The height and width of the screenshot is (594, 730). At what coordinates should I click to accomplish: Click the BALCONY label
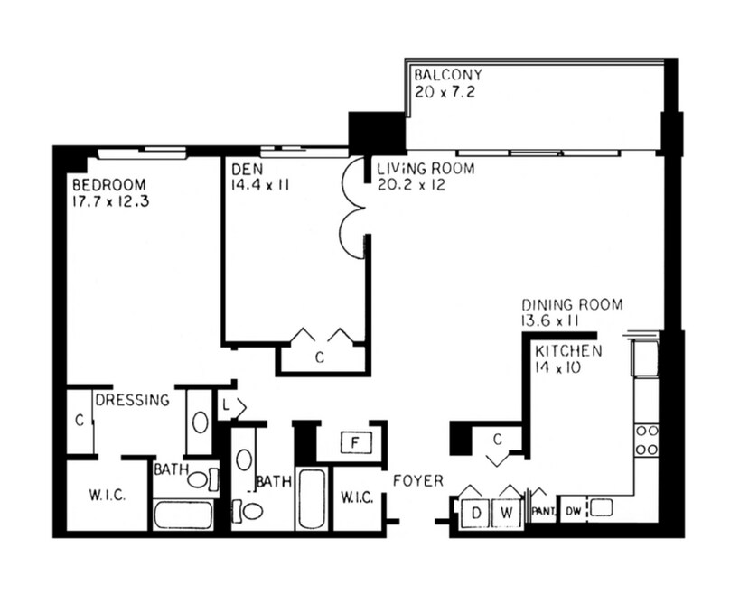(448, 75)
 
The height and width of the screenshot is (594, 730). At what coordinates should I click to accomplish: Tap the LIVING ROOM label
(426, 168)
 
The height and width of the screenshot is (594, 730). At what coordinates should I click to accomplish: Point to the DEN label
(247, 169)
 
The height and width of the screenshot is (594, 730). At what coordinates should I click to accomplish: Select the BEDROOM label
(109, 185)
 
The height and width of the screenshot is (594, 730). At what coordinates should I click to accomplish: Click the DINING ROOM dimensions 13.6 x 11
(550, 321)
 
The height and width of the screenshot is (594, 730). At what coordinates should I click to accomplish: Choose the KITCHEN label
(568, 351)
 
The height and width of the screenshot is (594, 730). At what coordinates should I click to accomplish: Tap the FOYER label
(418, 480)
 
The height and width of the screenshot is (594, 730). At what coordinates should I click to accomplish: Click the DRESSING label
(132, 400)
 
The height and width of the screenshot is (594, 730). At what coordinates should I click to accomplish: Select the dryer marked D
(475, 513)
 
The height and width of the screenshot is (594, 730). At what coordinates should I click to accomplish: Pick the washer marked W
(507, 513)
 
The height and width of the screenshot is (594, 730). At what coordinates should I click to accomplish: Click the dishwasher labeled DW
(574, 511)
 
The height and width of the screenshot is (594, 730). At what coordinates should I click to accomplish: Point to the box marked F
(356, 442)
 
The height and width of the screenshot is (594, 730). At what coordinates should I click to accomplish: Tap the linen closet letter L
(226, 406)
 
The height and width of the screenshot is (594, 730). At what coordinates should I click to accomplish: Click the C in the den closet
(320, 357)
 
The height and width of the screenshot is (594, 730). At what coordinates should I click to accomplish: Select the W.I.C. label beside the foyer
(357, 497)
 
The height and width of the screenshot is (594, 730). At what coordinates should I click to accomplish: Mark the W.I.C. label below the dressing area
(108, 495)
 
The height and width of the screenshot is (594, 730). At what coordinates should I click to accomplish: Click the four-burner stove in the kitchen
(647, 440)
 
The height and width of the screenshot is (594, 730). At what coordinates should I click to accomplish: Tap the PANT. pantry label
(544, 512)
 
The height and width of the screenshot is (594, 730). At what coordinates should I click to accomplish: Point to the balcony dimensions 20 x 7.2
(445, 92)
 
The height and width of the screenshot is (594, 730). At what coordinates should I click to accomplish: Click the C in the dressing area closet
(80, 421)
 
